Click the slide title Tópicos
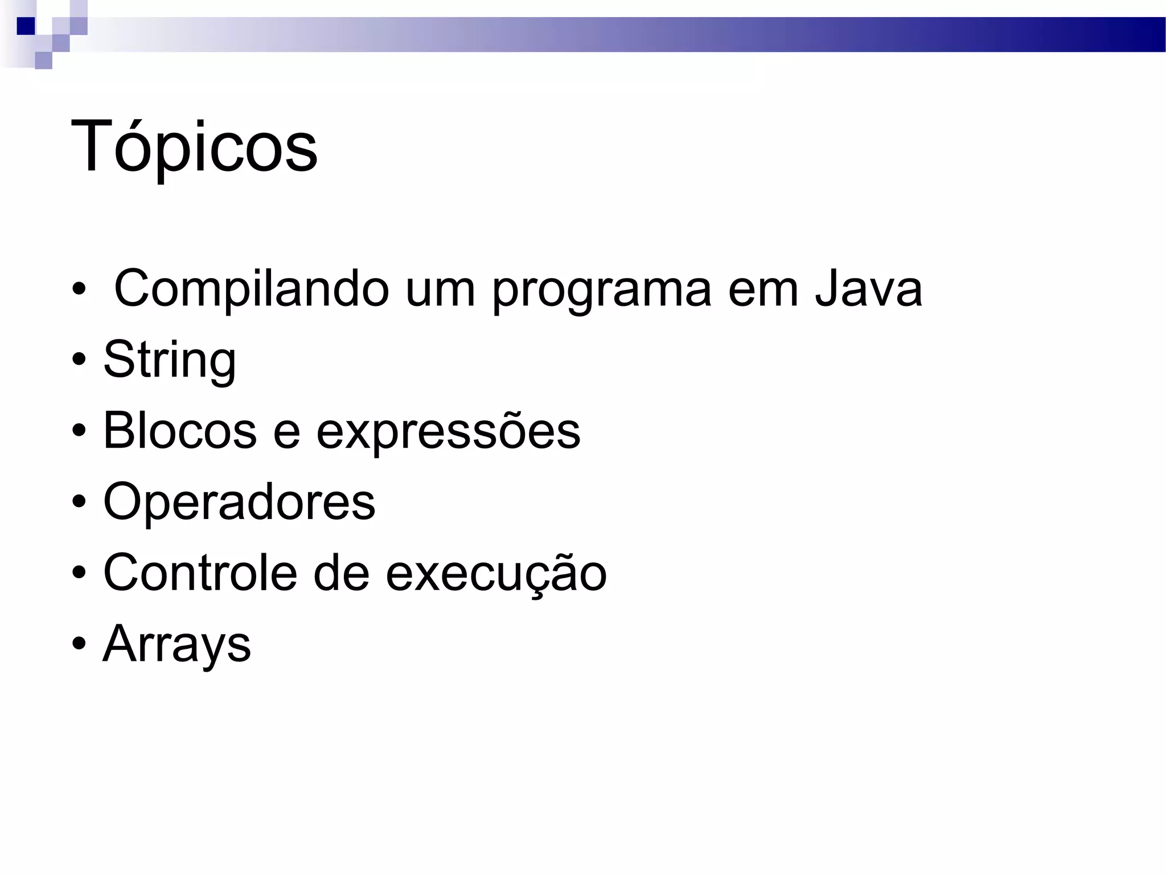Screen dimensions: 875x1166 pos(194,147)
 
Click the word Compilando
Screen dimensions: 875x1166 pos(251,289)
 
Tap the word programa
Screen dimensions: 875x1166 pos(601,291)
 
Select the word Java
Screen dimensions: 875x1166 pos(868,289)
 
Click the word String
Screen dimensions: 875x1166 pos(170,361)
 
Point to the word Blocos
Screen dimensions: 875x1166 pos(179,431)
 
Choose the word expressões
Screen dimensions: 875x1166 pos(448,431)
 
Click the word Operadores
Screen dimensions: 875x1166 pos(239,502)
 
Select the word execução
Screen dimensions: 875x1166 pos(496,574)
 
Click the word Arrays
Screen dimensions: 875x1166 pos(176,645)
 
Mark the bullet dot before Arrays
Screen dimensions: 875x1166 pos(79,645)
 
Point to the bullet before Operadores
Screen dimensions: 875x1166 pos(79,502)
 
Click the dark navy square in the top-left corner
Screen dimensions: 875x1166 pos(26,26)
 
